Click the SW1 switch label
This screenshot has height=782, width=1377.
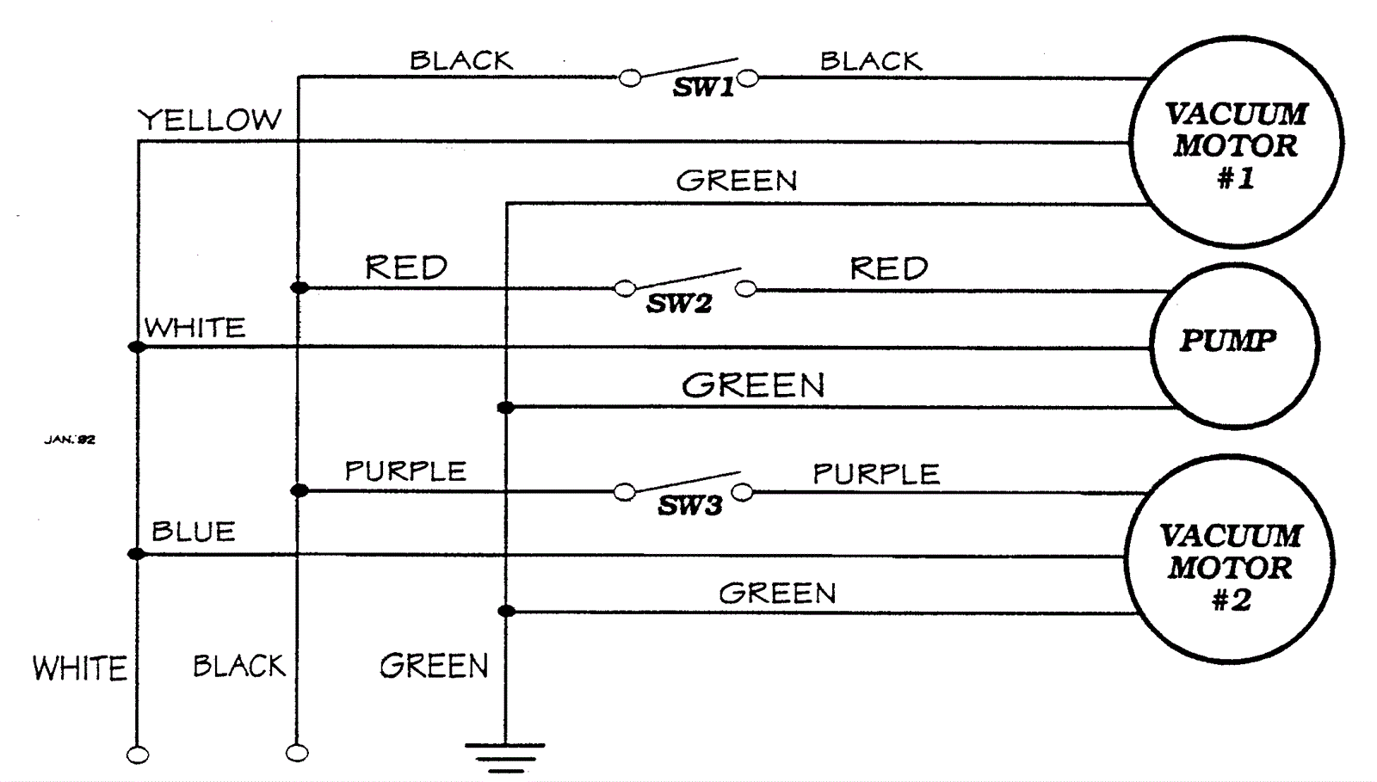point(703,88)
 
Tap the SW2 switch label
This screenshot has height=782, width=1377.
point(679,304)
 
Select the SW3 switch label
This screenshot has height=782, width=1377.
point(689,506)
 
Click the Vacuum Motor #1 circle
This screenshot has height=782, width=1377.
point(1236,143)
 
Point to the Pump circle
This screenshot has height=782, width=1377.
point(1232,344)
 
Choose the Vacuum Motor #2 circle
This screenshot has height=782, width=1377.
point(1230,562)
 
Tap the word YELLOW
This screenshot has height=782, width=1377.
point(210,120)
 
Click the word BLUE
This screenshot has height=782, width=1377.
point(194,532)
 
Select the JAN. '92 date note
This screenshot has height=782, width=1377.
point(70,440)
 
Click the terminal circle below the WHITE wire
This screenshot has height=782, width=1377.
point(138,755)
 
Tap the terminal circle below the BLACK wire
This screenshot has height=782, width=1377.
point(297,754)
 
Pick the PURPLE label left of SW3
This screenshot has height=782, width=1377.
point(405,471)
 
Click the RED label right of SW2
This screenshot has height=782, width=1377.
point(889,268)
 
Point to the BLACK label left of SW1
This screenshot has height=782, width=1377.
point(461,61)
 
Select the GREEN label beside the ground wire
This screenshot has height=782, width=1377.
point(434,666)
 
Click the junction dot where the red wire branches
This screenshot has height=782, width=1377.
point(299,287)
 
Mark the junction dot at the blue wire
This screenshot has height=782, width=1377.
point(137,554)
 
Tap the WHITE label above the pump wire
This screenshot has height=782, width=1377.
point(195,328)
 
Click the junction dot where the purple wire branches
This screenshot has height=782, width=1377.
point(299,490)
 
